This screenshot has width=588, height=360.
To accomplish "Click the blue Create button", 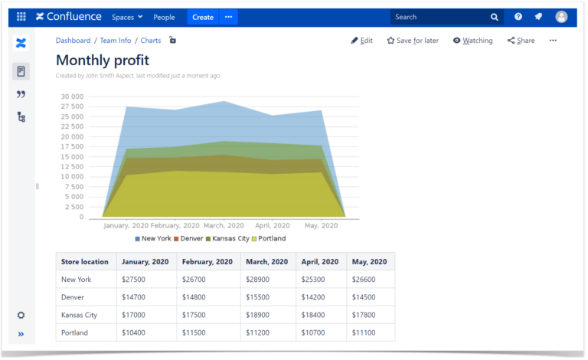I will coord(203,17).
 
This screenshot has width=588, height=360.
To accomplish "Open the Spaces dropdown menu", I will coord(127,17).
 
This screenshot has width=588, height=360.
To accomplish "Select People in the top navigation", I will coord(164,17).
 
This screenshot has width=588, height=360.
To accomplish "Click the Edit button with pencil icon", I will coord(361,41).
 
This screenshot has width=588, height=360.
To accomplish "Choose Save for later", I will coord(413,41).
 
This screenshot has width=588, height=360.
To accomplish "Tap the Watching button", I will coord(472,41).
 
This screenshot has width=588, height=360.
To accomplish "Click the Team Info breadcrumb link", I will coord(115,41).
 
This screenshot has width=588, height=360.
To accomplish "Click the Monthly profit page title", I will coord(103,60).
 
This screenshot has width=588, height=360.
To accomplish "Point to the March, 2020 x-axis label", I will coord(224,226).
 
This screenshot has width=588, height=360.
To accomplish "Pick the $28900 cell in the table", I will coord(256,280).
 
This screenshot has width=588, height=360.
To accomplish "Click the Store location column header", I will coord(85,262).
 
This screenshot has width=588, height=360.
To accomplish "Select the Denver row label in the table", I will coord(73,297).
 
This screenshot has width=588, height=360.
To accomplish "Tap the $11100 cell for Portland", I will coord(363,332).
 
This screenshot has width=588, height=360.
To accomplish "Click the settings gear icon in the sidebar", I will coord(21,315).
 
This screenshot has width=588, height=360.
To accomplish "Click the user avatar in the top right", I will coord(561,17).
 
